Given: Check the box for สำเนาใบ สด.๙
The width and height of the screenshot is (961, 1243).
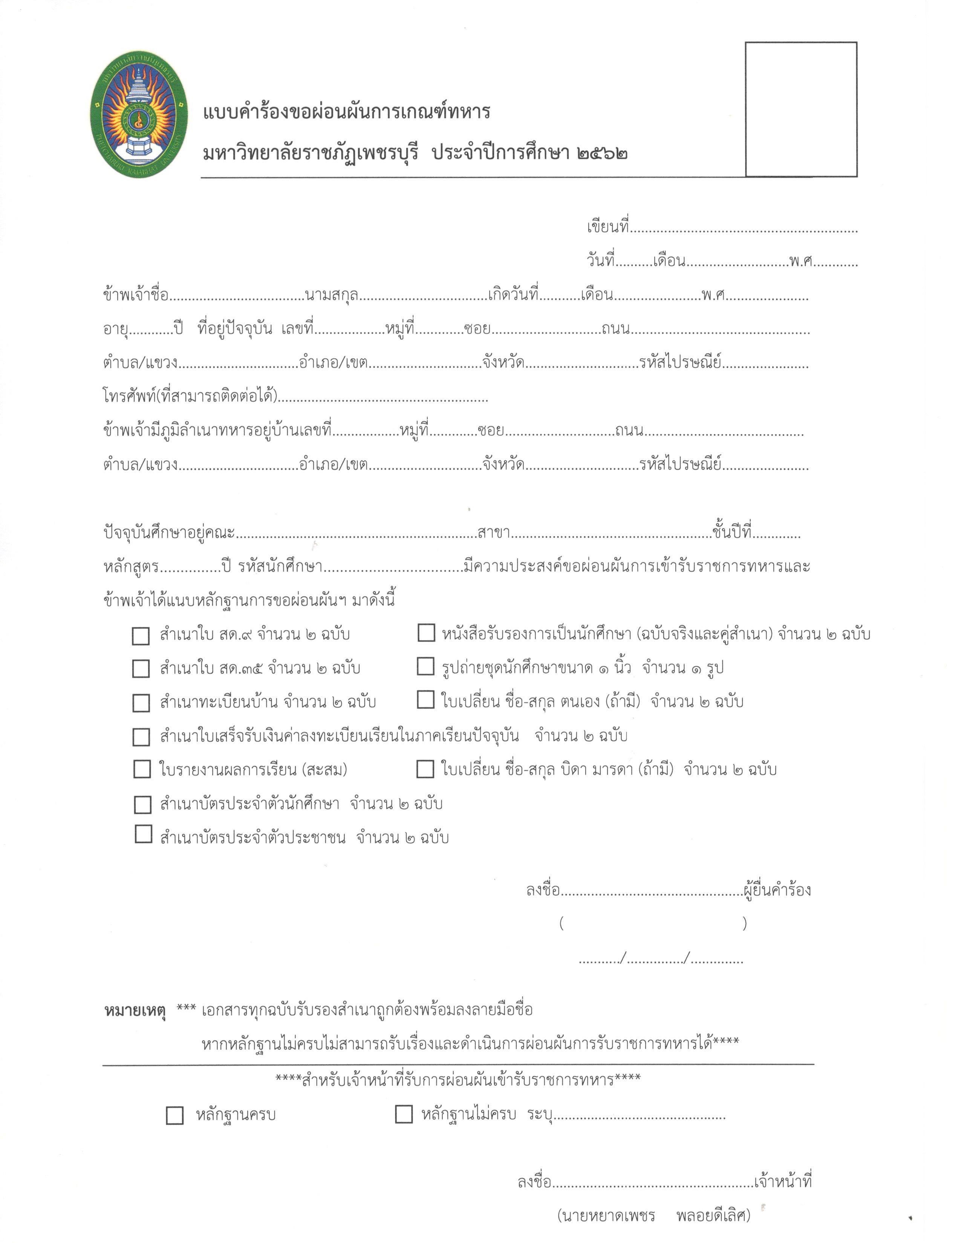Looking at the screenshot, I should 141,636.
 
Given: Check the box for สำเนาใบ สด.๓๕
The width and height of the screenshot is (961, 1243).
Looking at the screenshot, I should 141,669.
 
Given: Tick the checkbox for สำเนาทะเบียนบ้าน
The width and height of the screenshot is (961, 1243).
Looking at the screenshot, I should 141,703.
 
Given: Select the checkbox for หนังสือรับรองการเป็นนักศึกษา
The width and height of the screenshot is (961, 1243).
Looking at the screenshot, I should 426,632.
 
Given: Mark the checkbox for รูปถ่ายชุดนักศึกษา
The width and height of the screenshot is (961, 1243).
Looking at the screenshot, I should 425,666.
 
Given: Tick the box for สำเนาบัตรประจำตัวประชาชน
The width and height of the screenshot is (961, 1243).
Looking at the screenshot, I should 143,834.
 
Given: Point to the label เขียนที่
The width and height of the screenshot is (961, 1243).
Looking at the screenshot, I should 608,227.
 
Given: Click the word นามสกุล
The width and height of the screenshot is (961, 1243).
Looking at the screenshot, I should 331,295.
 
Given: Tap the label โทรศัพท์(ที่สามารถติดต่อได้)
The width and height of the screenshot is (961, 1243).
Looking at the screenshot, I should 190,396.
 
